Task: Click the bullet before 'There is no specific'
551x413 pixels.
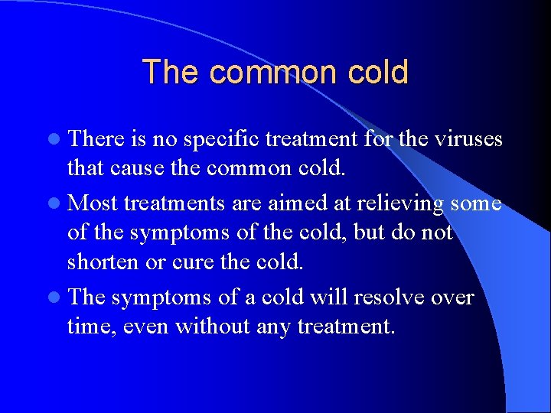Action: [x=59, y=139]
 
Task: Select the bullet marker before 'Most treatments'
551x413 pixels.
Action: [x=59, y=204]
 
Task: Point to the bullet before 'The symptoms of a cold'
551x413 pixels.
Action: [x=59, y=298]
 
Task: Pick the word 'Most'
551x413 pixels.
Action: [x=93, y=203]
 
